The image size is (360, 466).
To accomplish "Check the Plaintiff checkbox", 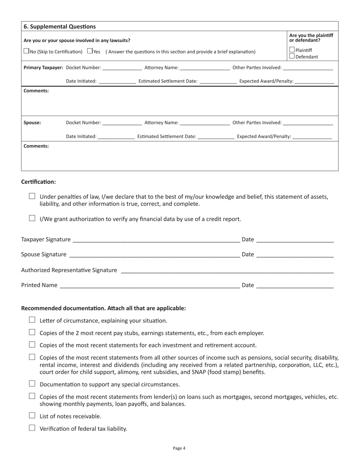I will click(x=292, y=50).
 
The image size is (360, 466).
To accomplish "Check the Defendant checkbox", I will click(x=292, y=56).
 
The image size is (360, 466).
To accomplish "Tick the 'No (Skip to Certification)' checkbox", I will click(x=26, y=51).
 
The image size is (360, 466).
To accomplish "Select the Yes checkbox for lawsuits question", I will click(x=89, y=51).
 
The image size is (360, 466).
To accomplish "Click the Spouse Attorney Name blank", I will click(x=205, y=123).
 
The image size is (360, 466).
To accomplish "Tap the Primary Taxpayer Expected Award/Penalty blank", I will click(x=314, y=81).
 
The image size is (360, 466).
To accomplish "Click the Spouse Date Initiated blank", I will click(x=116, y=137).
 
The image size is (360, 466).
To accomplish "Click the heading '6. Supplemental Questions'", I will click(x=59, y=27).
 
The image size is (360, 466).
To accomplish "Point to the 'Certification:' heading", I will click(x=38, y=182).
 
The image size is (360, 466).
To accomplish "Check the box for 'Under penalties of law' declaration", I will click(x=32, y=196).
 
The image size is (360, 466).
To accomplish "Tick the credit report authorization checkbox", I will click(x=32, y=218).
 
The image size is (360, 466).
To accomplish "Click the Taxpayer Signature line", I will click(x=156, y=240).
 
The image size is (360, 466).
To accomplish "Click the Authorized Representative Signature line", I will click(x=227, y=271).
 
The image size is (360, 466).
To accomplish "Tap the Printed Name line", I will click(x=149, y=286).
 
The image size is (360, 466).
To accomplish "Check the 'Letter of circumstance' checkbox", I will click(x=32, y=320).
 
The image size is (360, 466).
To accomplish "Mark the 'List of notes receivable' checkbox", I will click(x=32, y=416).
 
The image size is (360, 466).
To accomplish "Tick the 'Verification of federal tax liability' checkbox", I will click(x=32, y=428).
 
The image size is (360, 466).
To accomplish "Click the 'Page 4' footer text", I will click(x=179, y=448).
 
